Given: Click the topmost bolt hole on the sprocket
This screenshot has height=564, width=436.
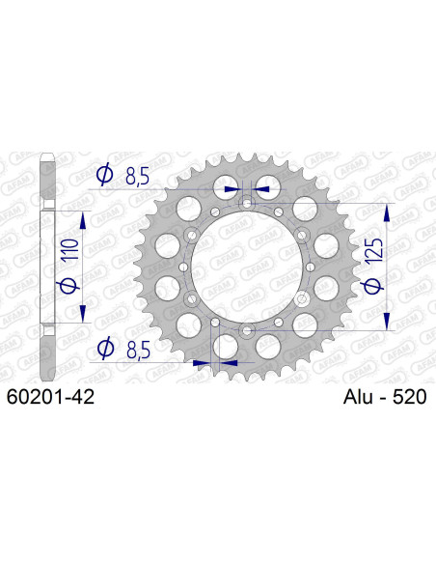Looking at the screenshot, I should pos(247,204).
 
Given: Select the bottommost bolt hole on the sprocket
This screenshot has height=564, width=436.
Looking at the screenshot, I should pos(247,330).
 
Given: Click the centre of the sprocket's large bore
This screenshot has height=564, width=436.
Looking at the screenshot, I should pos(247,268).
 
